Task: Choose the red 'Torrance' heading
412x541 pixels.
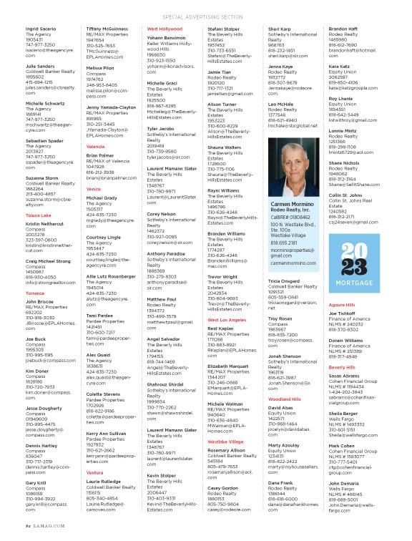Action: pyautogui.click(x=35, y=293)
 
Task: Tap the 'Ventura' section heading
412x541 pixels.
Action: pyautogui.click(x=94, y=493)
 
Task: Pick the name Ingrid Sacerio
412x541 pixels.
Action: pyautogui.click(x=41, y=29)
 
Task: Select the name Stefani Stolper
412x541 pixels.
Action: pyautogui.click(x=223, y=29)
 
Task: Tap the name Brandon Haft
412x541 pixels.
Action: pyautogui.click(x=344, y=29)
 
